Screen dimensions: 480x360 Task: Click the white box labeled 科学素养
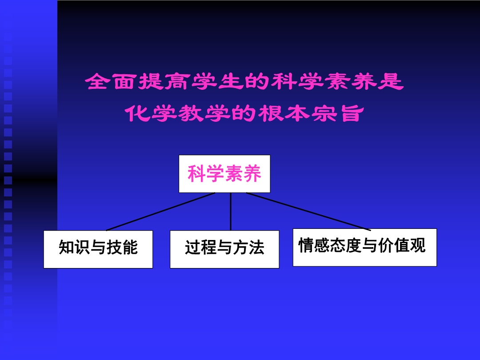tap(224, 174)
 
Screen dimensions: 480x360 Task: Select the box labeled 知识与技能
tap(98, 249)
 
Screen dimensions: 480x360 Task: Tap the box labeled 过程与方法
tap(224, 249)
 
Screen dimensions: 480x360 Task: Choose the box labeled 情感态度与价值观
tap(364, 248)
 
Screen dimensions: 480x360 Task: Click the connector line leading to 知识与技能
tap(161, 212)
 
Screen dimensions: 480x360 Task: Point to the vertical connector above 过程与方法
tap(231, 212)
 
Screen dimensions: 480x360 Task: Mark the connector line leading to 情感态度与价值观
tap(308, 212)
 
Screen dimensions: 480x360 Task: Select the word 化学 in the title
tap(151, 113)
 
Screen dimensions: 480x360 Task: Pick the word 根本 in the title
tap(284, 113)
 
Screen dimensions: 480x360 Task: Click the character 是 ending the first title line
tap(391, 81)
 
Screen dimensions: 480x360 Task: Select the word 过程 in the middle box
tap(201, 248)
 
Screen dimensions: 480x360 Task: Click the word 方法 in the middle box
tap(248, 248)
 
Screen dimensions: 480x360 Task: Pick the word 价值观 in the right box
tap(402, 245)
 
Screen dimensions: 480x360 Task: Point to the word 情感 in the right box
tap(314, 245)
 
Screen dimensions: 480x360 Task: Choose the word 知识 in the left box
tap(74, 248)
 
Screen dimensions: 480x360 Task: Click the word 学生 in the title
tap(216, 81)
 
